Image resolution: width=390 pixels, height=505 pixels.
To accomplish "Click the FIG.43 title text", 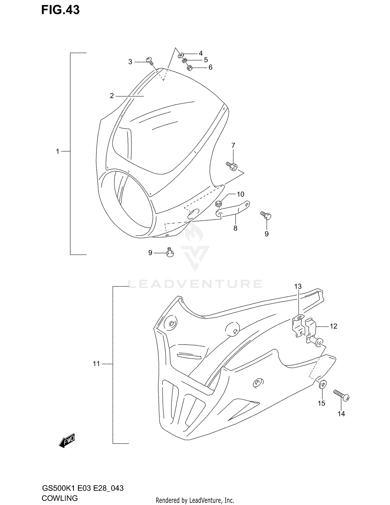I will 60,10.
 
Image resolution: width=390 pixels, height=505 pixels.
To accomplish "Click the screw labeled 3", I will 150,60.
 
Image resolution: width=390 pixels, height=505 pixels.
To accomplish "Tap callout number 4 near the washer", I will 201,53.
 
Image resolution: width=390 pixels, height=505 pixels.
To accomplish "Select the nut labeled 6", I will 189,68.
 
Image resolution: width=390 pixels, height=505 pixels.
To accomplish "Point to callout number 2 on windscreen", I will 112,96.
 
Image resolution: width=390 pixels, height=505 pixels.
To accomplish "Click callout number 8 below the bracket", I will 235,228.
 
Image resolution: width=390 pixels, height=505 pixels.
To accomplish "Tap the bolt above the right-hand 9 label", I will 266,215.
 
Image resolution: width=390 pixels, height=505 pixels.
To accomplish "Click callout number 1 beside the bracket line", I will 58,151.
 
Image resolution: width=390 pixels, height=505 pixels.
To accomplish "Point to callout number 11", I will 96,364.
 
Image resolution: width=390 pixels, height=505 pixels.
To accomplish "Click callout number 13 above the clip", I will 298,286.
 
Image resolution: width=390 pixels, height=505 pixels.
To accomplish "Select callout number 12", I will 333,326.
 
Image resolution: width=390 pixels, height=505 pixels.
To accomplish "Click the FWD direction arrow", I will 67,440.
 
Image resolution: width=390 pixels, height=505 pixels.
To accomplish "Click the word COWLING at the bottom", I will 60,498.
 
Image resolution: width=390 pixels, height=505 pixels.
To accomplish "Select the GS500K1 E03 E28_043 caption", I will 82,488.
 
